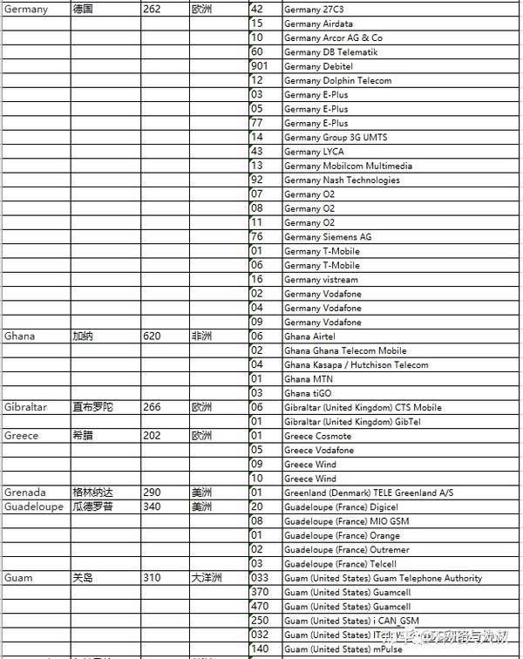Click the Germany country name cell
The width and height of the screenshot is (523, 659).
26,10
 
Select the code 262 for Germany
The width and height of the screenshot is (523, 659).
153,10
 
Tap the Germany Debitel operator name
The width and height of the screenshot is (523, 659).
318,66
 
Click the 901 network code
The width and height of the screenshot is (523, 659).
259,66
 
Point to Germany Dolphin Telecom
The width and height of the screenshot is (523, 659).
337,80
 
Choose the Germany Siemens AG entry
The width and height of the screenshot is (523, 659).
328,237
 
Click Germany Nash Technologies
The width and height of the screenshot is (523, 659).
342,180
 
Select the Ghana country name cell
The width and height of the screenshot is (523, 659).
20,336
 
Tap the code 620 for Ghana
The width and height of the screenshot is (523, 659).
153,336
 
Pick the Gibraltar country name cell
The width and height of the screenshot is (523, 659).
26,408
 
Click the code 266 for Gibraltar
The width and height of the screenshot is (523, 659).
153,408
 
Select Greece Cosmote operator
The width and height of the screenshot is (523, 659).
317,436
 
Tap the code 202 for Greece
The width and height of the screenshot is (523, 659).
153,436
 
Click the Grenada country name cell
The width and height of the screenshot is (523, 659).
25,493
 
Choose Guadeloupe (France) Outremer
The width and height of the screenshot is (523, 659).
346,550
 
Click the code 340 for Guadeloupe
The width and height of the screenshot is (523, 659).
153,507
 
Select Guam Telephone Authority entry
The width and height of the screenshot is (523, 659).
383,579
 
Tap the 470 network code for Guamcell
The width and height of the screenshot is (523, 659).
259,607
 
